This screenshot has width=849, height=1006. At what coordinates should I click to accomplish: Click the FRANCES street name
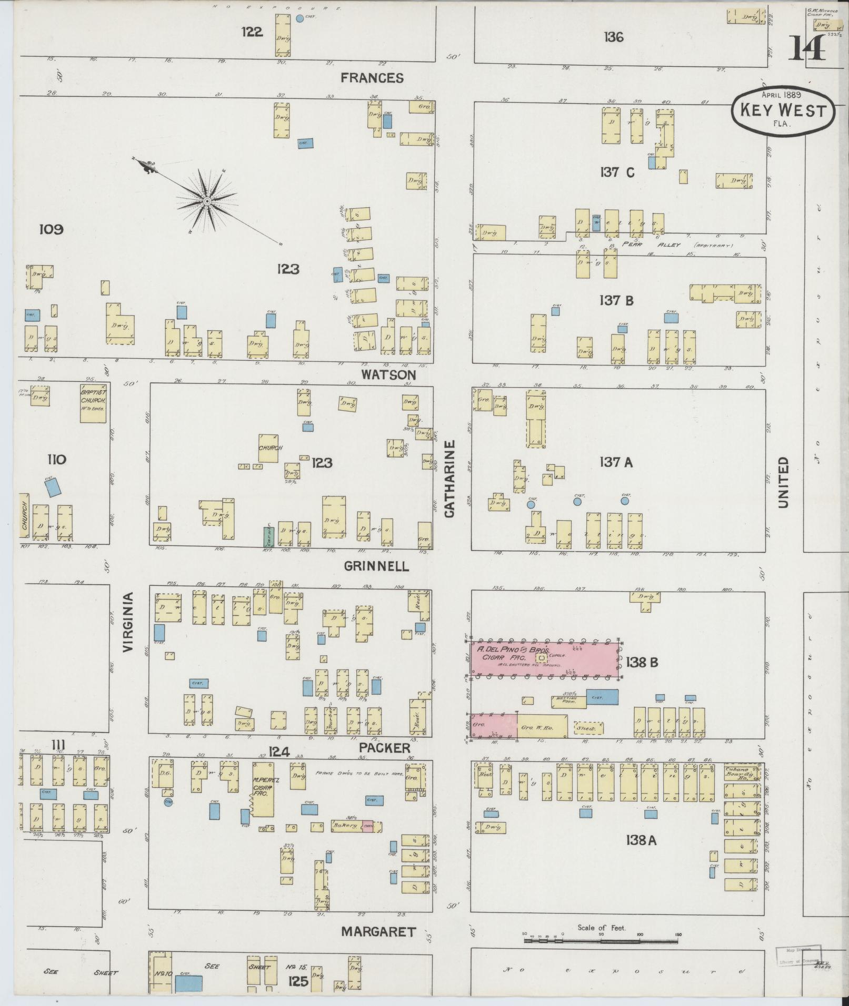click(x=372, y=78)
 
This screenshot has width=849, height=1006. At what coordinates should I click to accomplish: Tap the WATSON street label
click(x=389, y=375)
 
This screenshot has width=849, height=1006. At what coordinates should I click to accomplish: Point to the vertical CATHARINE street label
click(x=449, y=479)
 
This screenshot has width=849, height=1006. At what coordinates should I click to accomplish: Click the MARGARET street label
click(x=378, y=932)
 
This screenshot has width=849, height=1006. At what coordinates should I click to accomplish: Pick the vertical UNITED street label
click(x=783, y=482)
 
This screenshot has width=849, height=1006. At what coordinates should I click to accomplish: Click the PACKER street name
click(x=385, y=748)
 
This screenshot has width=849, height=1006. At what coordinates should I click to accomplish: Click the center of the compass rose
click(x=207, y=201)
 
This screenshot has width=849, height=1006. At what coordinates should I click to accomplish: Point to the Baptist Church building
click(x=93, y=403)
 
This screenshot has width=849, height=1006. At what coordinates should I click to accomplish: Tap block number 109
click(x=51, y=229)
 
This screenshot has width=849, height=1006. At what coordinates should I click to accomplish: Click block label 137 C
click(x=617, y=172)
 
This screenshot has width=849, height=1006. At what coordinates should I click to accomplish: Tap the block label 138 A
click(x=641, y=840)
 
